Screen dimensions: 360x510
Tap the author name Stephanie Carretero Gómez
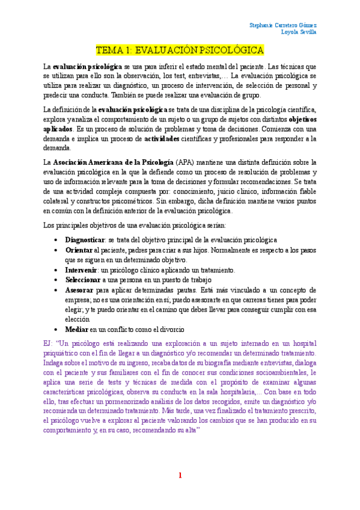coord(283,25)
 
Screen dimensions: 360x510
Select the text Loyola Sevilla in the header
coord(299,32)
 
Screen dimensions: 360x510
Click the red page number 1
coord(180,476)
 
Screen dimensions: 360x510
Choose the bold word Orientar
coord(79,250)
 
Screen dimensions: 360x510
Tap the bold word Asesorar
coord(80,290)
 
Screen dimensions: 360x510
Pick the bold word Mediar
coord(77,330)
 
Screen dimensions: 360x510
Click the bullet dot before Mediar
coord(56,330)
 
